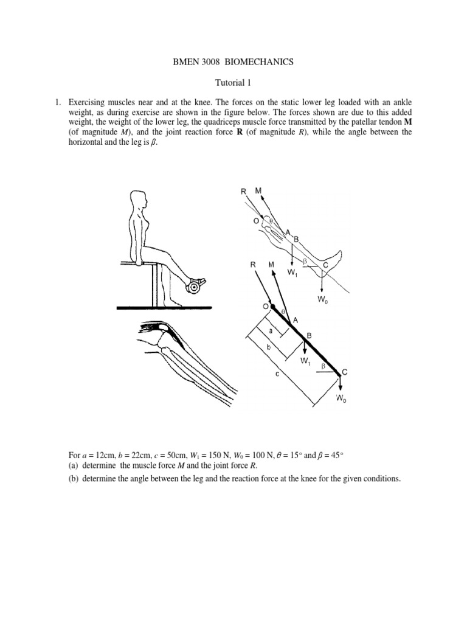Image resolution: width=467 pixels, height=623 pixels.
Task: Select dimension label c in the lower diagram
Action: tap(277, 374)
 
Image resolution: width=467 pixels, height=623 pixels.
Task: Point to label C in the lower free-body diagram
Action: tap(345, 372)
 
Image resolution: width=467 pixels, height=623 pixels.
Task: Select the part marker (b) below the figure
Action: tap(71, 478)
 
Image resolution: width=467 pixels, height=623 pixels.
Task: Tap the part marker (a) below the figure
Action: tap(71, 467)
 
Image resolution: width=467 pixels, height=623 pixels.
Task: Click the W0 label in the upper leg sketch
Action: tap(322, 299)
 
